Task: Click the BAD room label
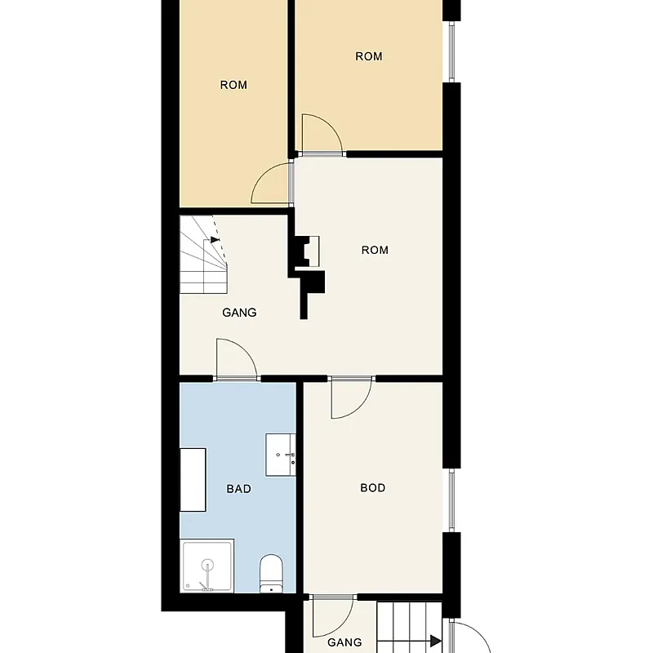tap(238, 488)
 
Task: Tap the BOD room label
tap(373, 487)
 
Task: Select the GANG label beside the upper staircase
tap(239, 313)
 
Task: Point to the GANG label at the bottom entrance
tap(344, 642)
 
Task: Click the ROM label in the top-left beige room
tap(233, 85)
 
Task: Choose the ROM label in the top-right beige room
tap(369, 56)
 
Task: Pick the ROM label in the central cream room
tap(375, 250)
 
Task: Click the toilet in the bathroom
tap(271, 573)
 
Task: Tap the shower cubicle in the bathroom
tap(207, 566)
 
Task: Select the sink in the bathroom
tap(281, 455)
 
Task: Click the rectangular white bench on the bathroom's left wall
tap(193, 480)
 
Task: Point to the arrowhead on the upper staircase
tap(215, 239)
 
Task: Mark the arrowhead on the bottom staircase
tap(436, 641)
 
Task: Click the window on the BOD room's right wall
tap(451, 500)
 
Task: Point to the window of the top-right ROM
tap(451, 51)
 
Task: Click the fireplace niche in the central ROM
tap(312, 251)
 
